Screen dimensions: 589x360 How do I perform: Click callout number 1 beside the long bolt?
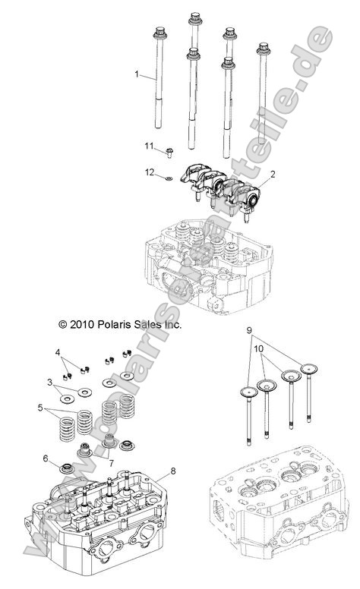pyautogui.click(x=137, y=74)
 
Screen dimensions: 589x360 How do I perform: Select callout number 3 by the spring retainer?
pyautogui.click(x=50, y=382)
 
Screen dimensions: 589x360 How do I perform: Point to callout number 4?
pyautogui.click(x=57, y=352)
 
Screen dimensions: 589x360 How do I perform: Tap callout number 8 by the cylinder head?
pyautogui.click(x=173, y=471)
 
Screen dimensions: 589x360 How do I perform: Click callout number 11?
pyautogui.click(x=150, y=145)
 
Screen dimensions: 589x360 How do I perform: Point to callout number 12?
pyautogui.click(x=150, y=173)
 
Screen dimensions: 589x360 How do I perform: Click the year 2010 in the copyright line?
pyautogui.click(x=61, y=323)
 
